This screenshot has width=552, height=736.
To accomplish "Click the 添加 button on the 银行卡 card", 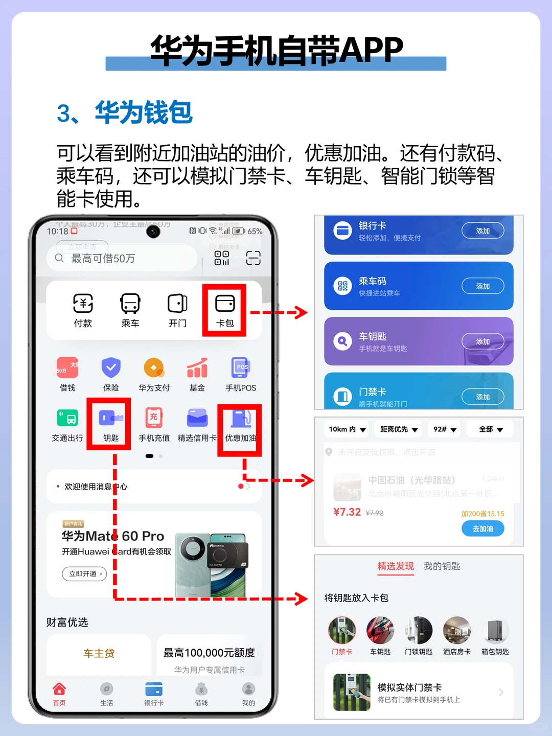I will (x=482, y=231).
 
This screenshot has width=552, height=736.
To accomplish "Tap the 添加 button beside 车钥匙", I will (x=482, y=341).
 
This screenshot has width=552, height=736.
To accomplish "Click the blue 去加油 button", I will (x=482, y=528).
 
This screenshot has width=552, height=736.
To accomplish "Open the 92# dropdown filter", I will (x=445, y=429).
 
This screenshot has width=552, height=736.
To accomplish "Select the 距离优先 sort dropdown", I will (x=399, y=429).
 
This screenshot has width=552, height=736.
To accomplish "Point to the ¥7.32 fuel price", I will (x=347, y=512).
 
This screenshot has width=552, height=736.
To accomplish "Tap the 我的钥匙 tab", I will (x=442, y=566).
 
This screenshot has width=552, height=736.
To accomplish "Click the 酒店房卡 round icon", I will (x=456, y=631).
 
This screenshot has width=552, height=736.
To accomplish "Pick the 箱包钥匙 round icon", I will (x=495, y=631).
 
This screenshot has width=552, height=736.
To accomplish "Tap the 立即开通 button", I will (x=84, y=574).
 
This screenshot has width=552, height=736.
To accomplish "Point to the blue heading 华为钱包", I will (x=144, y=113).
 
